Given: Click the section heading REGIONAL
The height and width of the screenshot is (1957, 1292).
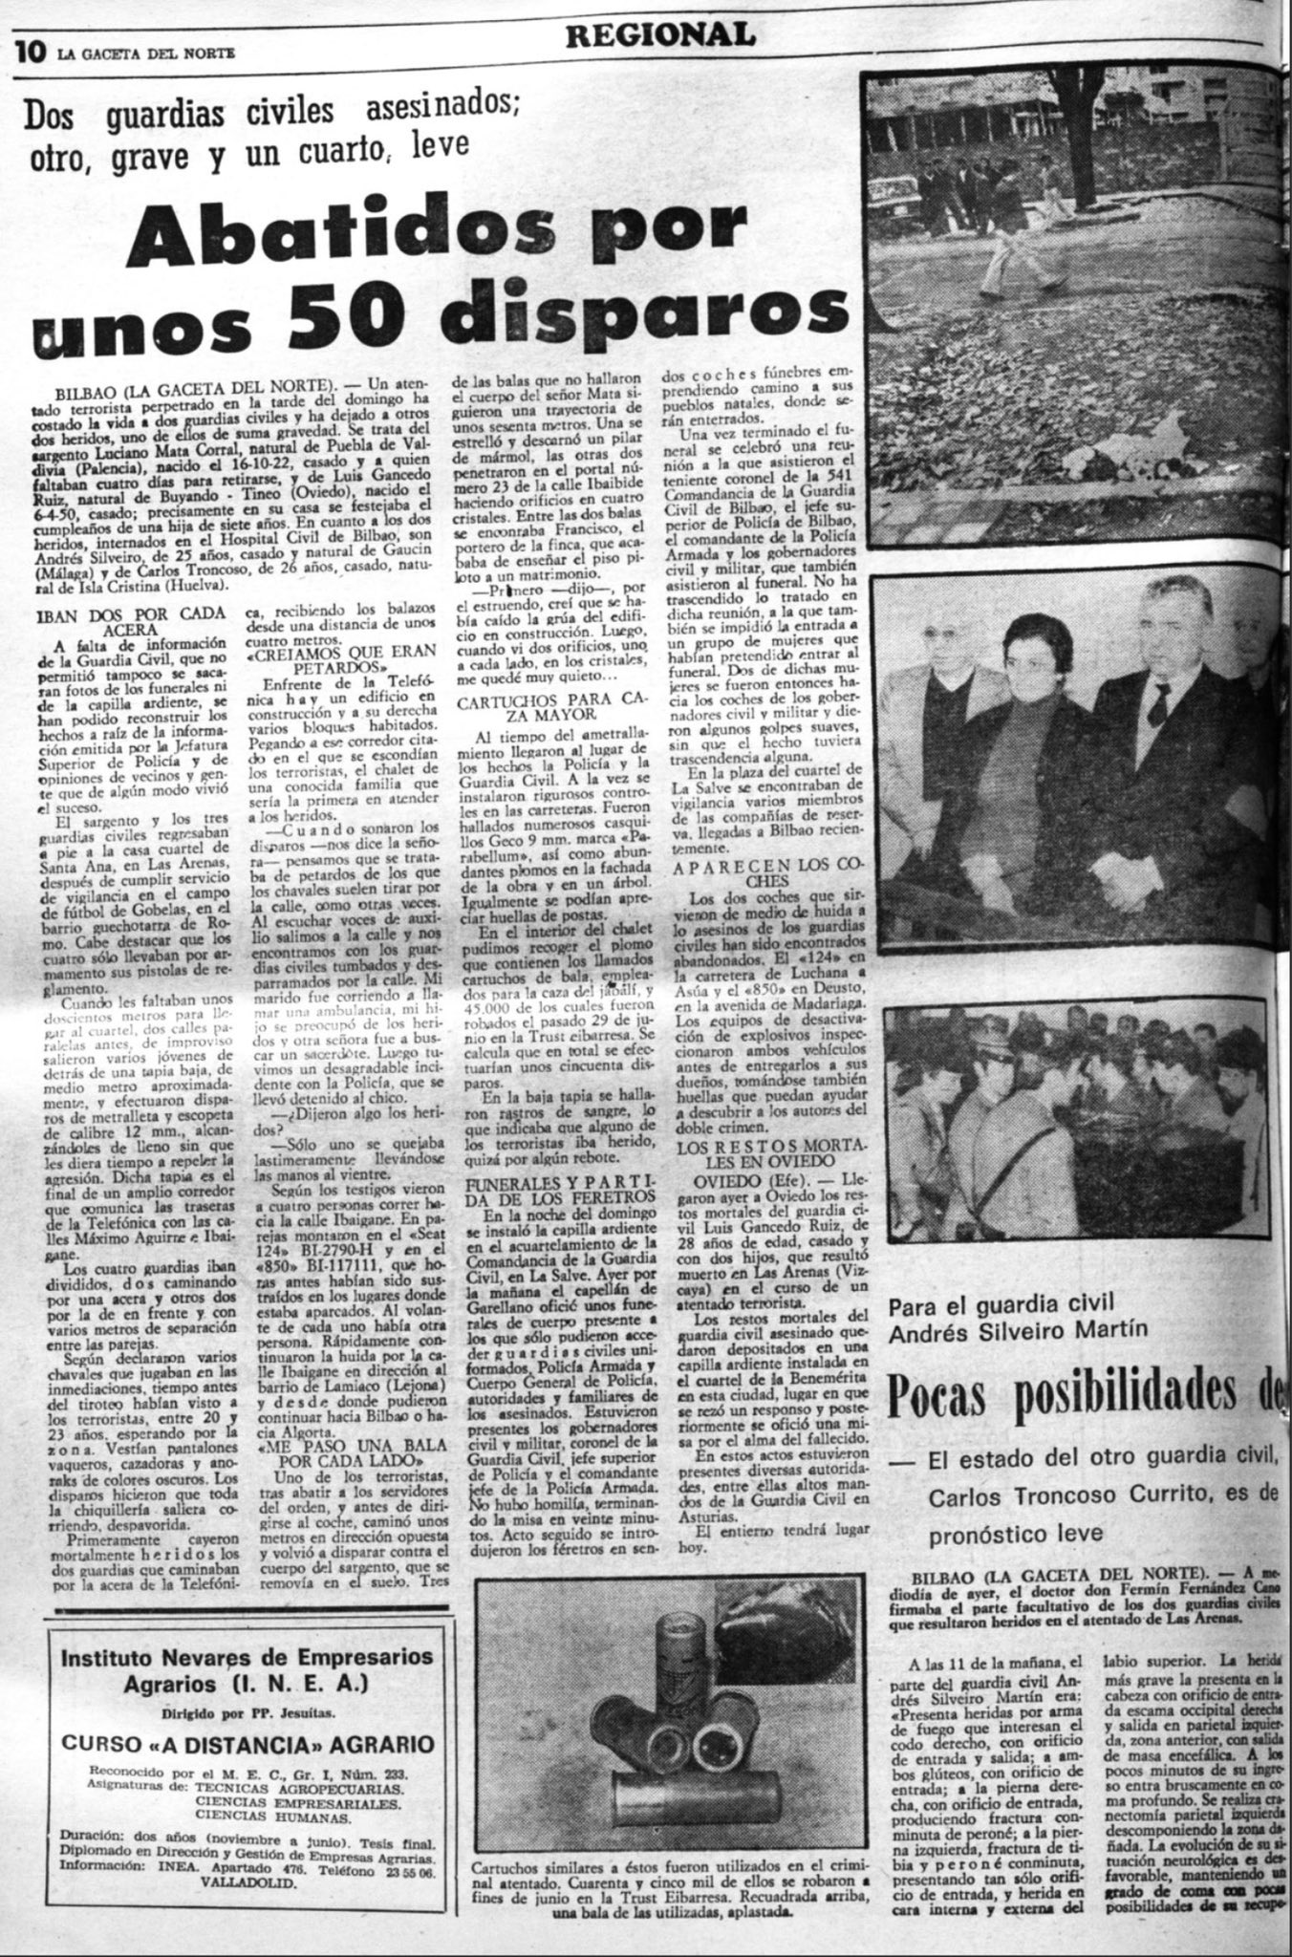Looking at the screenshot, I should [x=659, y=35].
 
